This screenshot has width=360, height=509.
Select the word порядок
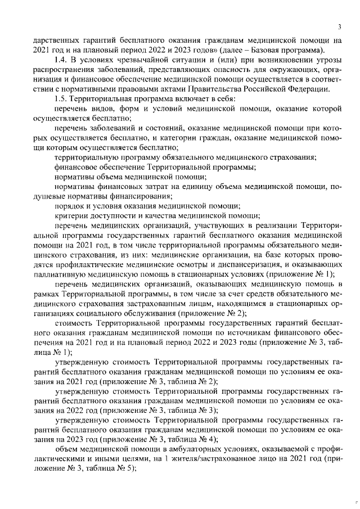(x=70, y=206)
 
